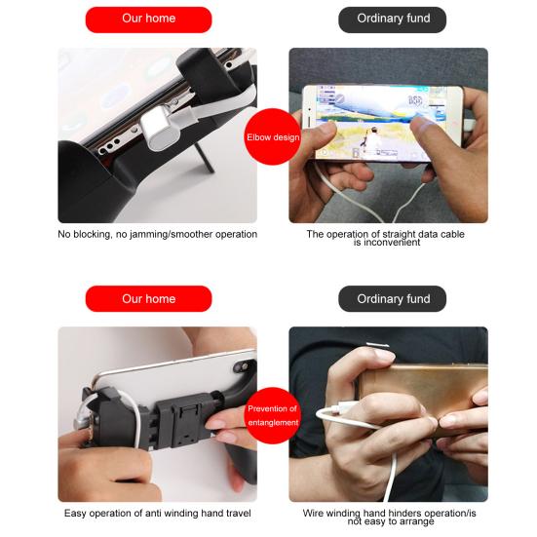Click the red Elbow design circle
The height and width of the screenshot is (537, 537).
273,137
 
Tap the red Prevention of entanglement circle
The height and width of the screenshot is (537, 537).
273,414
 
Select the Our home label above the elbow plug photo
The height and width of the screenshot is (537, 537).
148,19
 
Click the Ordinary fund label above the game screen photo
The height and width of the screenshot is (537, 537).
392,19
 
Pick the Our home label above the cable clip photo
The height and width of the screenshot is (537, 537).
148,298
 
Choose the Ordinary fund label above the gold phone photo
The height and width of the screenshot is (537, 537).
392,298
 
